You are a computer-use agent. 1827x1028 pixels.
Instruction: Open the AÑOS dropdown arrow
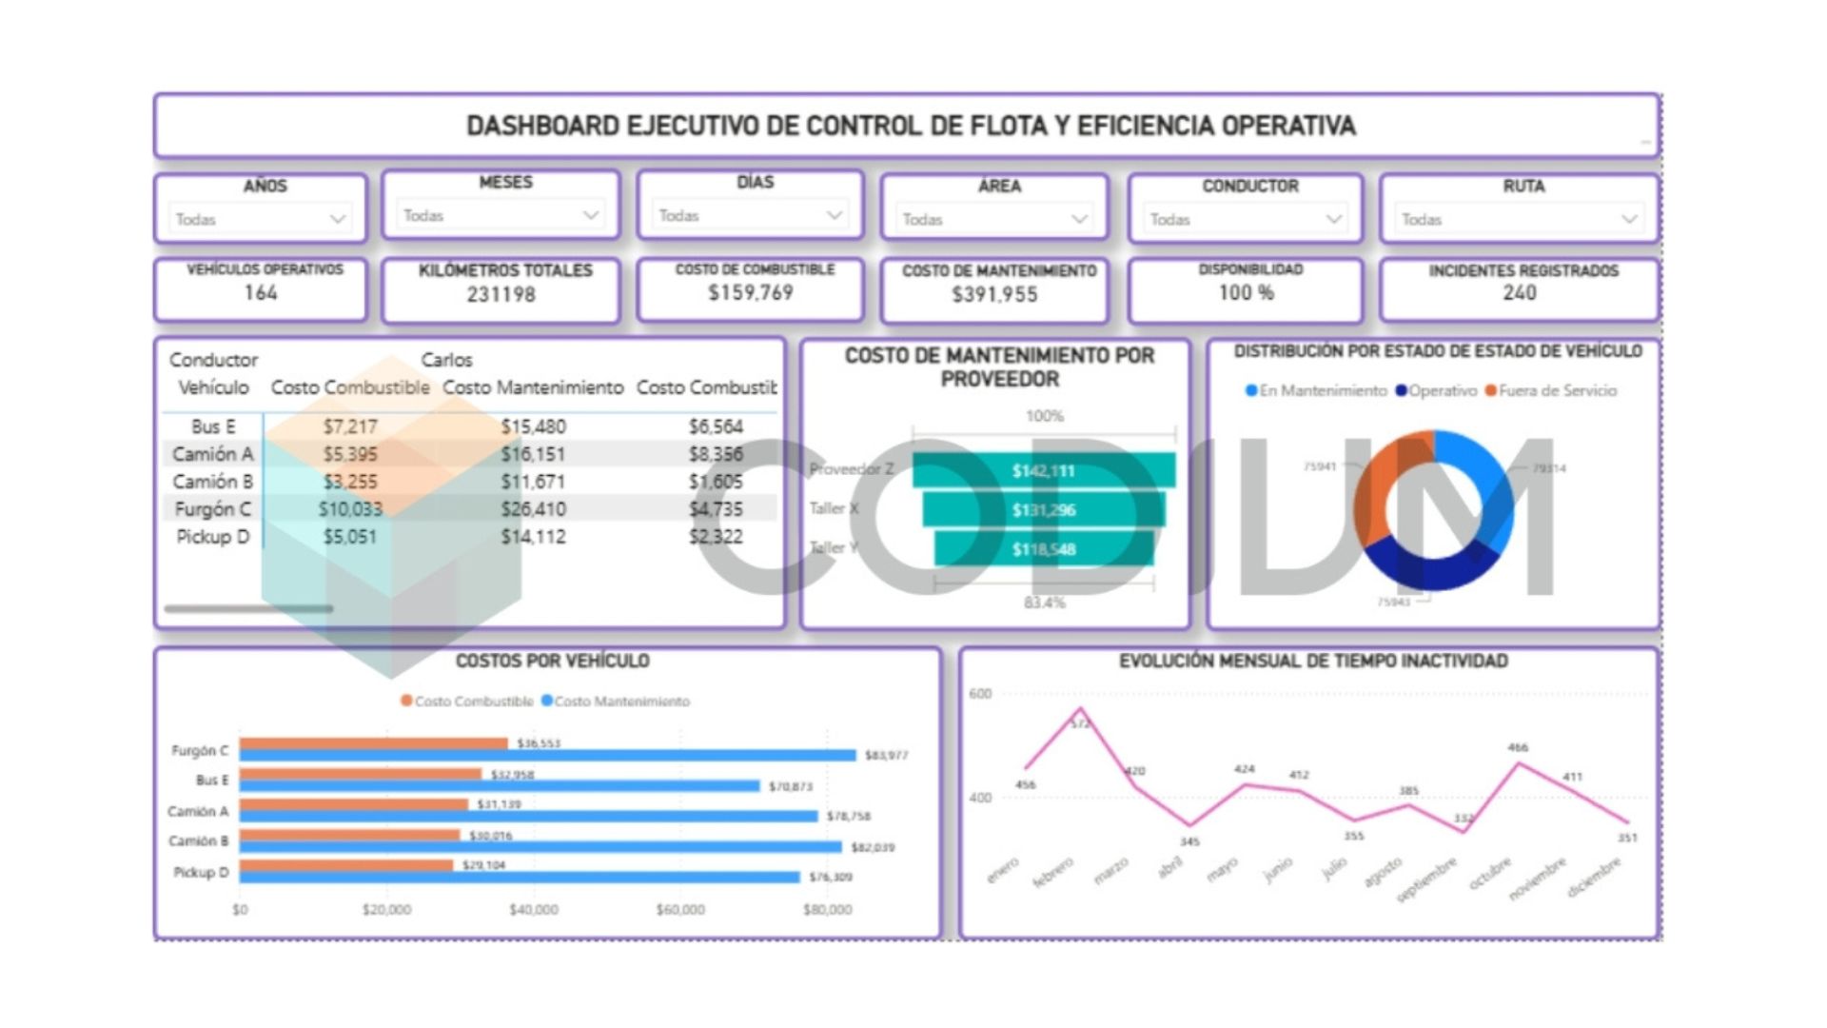pyautogui.click(x=337, y=219)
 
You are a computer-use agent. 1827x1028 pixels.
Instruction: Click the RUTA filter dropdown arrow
pyautogui.click(x=1628, y=219)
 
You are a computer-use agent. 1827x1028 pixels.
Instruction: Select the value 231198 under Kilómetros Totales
pyautogui.click(x=501, y=295)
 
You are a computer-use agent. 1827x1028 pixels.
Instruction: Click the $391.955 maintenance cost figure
pyautogui.click(x=994, y=295)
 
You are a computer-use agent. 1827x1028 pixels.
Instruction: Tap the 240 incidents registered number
pyautogui.click(x=1519, y=293)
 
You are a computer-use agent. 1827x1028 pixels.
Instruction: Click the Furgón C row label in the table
pyautogui.click(x=213, y=509)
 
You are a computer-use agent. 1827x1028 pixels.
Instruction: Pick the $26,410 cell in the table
pyautogui.click(x=533, y=509)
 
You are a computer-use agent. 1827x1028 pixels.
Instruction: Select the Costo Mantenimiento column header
pyautogui.click(x=533, y=387)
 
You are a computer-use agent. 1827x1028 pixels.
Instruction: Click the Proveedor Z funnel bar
pyautogui.click(x=1043, y=470)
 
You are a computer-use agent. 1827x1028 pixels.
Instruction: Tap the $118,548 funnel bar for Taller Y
pyautogui.click(x=1043, y=549)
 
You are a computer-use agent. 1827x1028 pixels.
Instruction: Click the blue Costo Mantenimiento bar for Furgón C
pyautogui.click(x=547, y=756)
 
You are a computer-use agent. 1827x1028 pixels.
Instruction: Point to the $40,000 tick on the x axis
pyautogui.click(x=534, y=910)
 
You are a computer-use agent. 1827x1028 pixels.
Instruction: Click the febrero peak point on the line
pyautogui.click(x=1079, y=709)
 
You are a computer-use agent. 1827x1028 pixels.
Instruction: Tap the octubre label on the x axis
pyautogui.click(x=1490, y=873)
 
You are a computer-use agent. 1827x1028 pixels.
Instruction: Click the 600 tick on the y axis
pyautogui.click(x=980, y=694)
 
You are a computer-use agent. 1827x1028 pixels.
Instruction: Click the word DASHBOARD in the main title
pyautogui.click(x=542, y=126)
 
